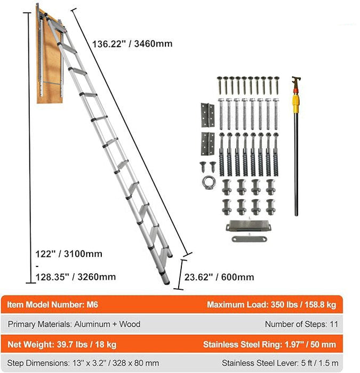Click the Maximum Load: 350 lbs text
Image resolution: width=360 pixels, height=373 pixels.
click(x=271, y=305)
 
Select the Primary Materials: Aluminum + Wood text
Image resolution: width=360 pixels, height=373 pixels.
click(x=74, y=324)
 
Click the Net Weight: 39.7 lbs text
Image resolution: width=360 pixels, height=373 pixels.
click(x=62, y=343)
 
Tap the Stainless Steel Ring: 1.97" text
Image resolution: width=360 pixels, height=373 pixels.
click(x=270, y=343)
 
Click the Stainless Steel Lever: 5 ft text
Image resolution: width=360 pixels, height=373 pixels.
click(x=278, y=362)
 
